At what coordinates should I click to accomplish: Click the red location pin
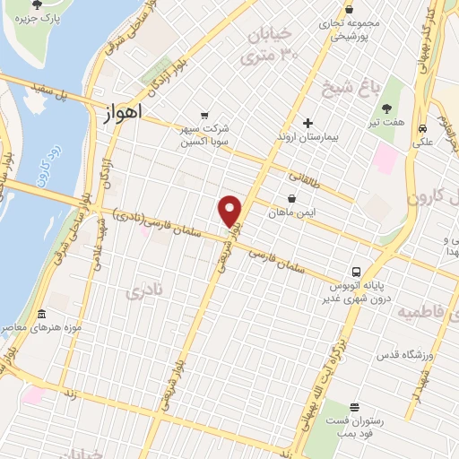point(230,211)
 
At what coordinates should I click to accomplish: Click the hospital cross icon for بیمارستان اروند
point(308,123)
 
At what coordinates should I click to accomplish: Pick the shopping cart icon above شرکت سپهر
point(205,115)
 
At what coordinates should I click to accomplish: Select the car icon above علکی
point(420,128)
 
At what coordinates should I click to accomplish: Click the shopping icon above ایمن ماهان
point(291,198)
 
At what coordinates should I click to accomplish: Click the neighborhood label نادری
point(146,288)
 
